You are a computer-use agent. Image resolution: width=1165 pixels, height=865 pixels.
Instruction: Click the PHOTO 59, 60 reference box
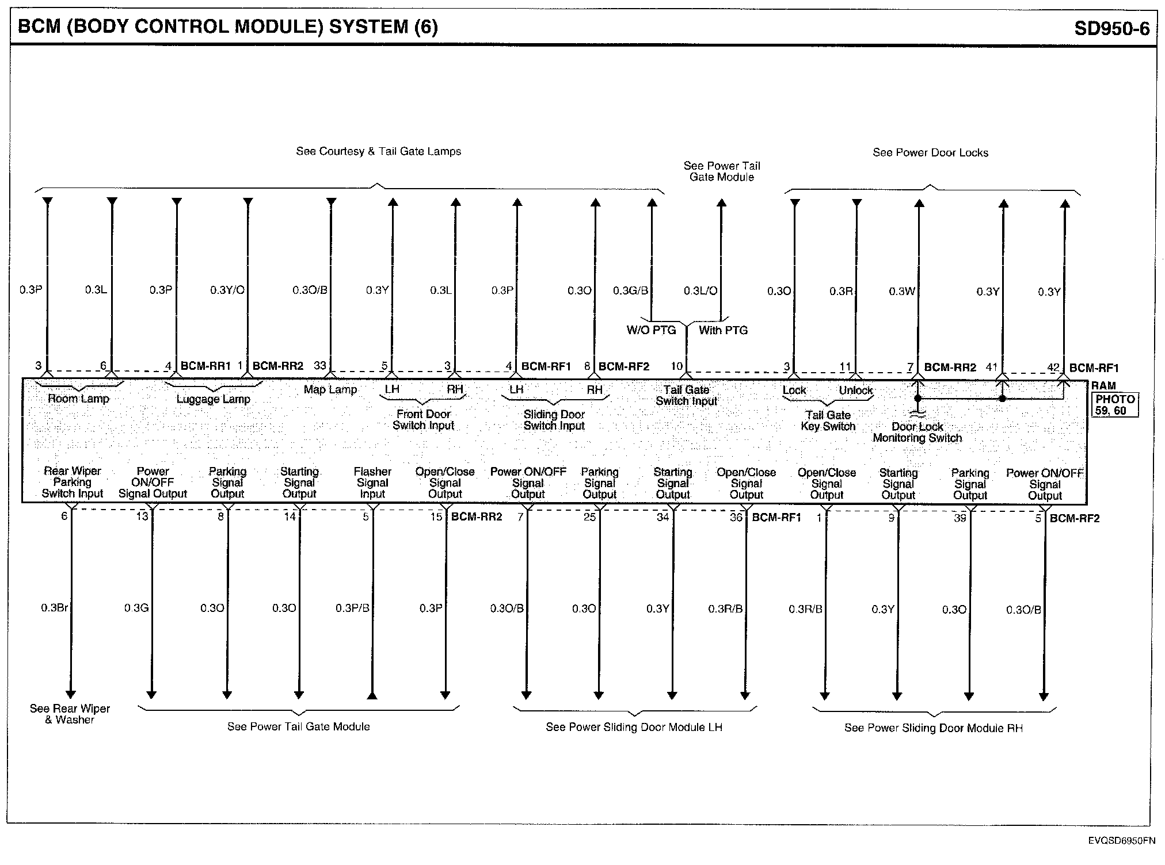click(1114, 405)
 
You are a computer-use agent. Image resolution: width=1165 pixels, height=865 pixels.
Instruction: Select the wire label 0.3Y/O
click(227, 290)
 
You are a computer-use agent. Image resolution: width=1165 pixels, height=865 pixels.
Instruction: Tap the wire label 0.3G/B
click(630, 291)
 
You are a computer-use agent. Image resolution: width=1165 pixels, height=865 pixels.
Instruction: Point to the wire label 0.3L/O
click(700, 291)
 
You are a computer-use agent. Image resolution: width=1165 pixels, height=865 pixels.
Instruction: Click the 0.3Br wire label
click(54, 607)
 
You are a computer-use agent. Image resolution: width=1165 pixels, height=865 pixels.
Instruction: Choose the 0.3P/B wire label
click(352, 608)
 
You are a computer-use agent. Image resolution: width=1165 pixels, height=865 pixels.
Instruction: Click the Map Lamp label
click(330, 390)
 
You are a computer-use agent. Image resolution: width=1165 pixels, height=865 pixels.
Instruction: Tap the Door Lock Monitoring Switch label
click(917, 432)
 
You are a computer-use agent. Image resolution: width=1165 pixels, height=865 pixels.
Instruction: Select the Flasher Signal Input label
click(372, 483)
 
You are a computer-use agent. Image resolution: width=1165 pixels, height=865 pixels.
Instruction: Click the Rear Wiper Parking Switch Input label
click(73, 482)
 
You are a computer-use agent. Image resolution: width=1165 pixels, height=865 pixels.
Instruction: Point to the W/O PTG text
click(651, 330)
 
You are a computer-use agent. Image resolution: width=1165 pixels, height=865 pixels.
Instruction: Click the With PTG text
click(723, 330)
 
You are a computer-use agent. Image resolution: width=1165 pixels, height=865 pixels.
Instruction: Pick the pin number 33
click(320, 366)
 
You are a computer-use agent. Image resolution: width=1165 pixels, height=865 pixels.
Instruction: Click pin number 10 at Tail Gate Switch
click(676, 366)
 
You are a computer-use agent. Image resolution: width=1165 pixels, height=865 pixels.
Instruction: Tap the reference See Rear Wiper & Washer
click(70, 714)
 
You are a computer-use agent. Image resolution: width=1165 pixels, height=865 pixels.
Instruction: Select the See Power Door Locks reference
click(930, 153)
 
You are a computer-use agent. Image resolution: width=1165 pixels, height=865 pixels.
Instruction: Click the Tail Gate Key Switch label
click(828, 420)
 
